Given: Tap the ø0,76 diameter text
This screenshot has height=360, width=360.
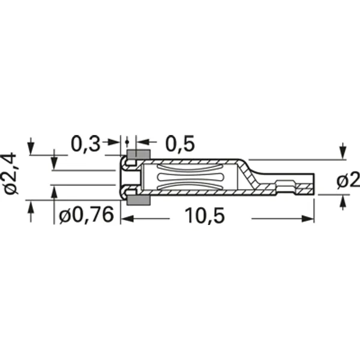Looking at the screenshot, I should point(86,215).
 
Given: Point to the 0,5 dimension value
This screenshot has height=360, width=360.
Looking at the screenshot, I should point(179,143).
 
